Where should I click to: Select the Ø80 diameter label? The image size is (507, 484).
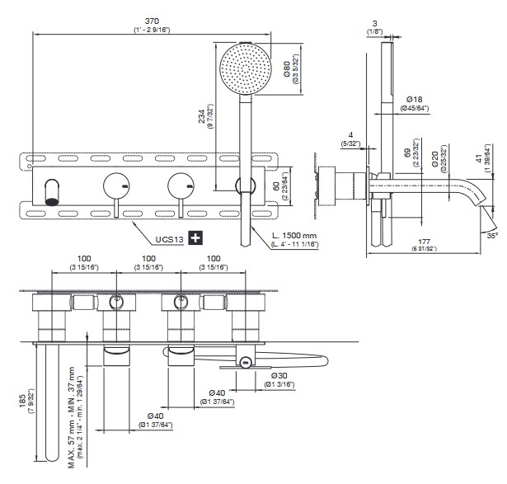coord(284,69)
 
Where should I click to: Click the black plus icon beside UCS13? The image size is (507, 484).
coord(195,238)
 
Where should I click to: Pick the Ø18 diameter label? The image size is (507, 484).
coord(414,99)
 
